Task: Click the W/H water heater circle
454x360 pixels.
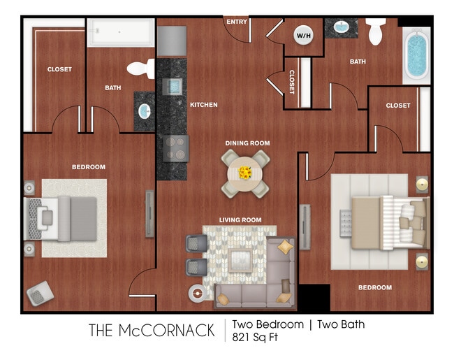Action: tap(304, 36)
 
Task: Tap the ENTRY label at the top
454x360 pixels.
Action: tap(237, 22)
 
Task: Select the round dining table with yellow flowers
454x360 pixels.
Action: tap(245, 172)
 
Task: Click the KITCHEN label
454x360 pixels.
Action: tap(204, 105)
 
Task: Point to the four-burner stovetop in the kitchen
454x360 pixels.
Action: tap(175, 147)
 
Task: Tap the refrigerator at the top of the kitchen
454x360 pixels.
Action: tap(171, 41)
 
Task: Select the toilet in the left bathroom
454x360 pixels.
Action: tap(142, 69)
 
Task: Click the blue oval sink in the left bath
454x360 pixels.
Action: tap(145, 111)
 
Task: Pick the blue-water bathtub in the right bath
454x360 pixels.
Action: tap(416, 55)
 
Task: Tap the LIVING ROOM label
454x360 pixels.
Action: tap(240, 220)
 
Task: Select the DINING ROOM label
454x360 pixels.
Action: tap(247, 143)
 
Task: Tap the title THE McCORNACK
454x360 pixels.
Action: tap(152, 331)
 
